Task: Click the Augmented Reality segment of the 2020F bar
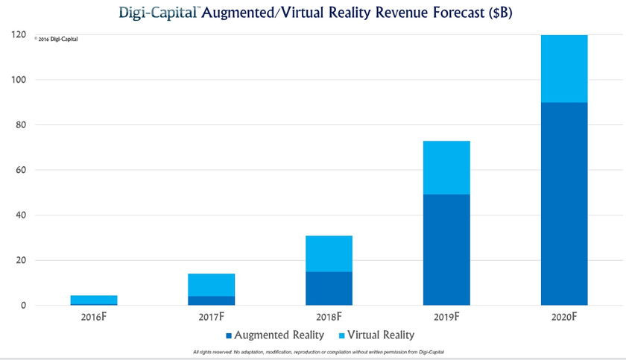coord(563,203)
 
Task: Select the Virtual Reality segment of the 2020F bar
coord(563,69)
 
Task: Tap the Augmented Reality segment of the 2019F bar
coord(446,250)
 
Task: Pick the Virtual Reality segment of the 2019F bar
coord(446,168)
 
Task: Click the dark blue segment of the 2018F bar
coord(329,288)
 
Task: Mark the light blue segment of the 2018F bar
coord(329,253)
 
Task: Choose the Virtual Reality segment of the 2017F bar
coord(212,285)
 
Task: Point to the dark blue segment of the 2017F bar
coord(212,300)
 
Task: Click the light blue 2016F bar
coord(94,300)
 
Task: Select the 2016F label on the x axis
coord(94,317)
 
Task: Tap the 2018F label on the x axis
coord(329,317)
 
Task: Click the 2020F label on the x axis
coord(563,317)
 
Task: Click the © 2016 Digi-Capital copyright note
coord(56,40)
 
